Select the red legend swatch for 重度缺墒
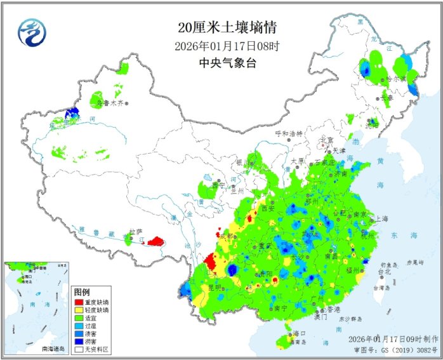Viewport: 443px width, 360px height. pyautogui.click(x=79, y=302)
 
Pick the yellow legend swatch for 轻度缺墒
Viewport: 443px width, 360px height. pyautogui.click(x=79, y=310)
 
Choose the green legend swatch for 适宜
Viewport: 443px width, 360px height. pyautogui.click(x=79, y=318)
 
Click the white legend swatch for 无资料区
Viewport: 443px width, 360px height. pyautogui.click(x=79, y=349)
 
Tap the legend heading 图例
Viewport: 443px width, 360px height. pyautogui.click(x=82, y=292)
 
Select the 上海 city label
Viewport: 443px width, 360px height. pyautogui.click(x=381, y=218)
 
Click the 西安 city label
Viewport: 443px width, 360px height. pyautogui.click(x=267, y=208)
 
